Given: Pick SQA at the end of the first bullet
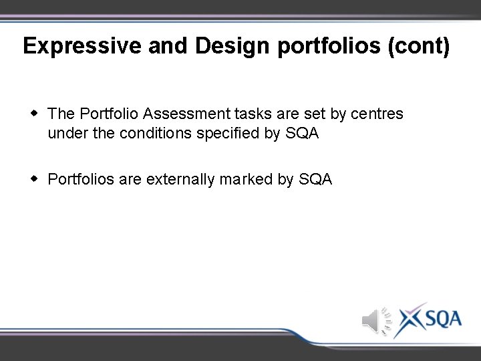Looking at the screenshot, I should pyautogui.click(x=302, y=134).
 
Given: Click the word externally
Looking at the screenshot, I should pyautogui.click(x=180, y=179).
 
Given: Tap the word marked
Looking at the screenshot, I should pyautogui.click(x=246, y=179).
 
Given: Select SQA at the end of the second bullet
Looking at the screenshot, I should pyautogui.click(x=315, y=179).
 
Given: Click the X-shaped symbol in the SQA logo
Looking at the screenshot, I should pyautogui.click(x=409, y=319).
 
